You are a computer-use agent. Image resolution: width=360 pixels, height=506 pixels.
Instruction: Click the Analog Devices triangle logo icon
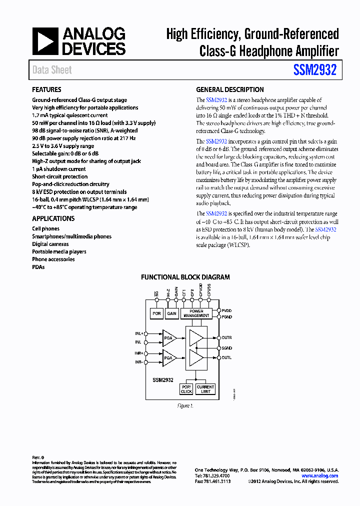tap(45, 41)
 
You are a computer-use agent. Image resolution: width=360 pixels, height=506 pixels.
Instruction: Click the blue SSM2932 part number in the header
tap(315, 70)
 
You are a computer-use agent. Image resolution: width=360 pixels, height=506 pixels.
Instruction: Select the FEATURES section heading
tap(46, 90)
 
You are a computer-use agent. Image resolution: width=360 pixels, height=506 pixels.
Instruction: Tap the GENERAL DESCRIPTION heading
tap(229, 90)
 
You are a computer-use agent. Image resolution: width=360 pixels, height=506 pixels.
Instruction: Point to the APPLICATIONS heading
tap(53, 218)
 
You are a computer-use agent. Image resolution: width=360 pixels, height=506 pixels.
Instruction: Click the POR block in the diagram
tap(156, 313)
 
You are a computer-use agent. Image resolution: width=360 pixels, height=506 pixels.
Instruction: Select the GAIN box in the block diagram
tap(172, 313)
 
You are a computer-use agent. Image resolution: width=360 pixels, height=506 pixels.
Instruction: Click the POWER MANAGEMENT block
tap(196, 313)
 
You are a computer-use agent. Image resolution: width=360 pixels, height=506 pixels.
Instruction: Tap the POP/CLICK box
tap(186, 389)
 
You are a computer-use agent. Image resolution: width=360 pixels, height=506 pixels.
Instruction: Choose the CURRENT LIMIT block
tap(205, 389)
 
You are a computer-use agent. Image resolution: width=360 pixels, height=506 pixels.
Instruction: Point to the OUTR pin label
tap(227, 337)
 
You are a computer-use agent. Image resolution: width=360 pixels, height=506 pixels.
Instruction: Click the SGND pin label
tap(227, 347)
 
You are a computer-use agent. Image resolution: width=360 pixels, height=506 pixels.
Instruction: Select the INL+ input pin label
tap(138, 333)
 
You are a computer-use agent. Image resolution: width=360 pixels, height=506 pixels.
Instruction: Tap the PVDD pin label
tap(227, 310)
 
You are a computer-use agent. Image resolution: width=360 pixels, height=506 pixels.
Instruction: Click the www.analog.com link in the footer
tap(320, 475)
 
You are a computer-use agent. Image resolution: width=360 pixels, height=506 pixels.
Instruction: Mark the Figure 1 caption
tap(185, 406)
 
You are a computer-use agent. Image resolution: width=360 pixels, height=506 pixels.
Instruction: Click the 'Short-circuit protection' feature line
tap(59, 176)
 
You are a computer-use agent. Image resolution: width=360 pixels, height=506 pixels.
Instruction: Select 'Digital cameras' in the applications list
tap(50, 244)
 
